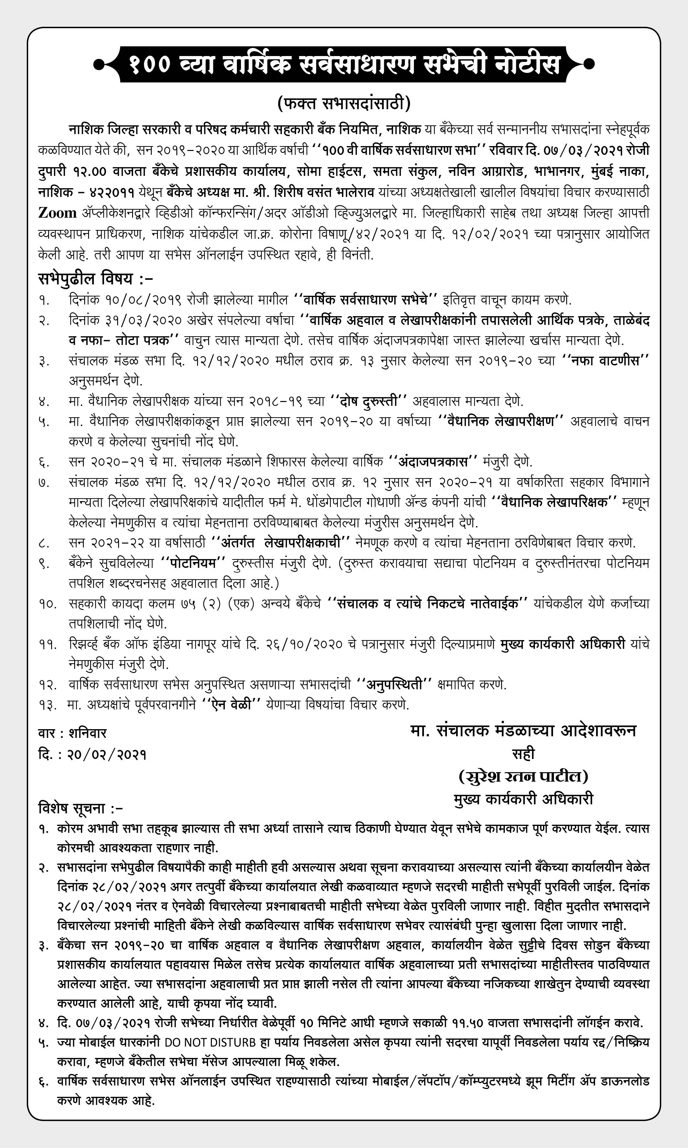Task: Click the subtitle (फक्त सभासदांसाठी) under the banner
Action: tap(344, 103)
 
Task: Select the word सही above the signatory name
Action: tap(523, 753)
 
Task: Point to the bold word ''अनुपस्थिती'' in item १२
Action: tap(394, 684)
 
